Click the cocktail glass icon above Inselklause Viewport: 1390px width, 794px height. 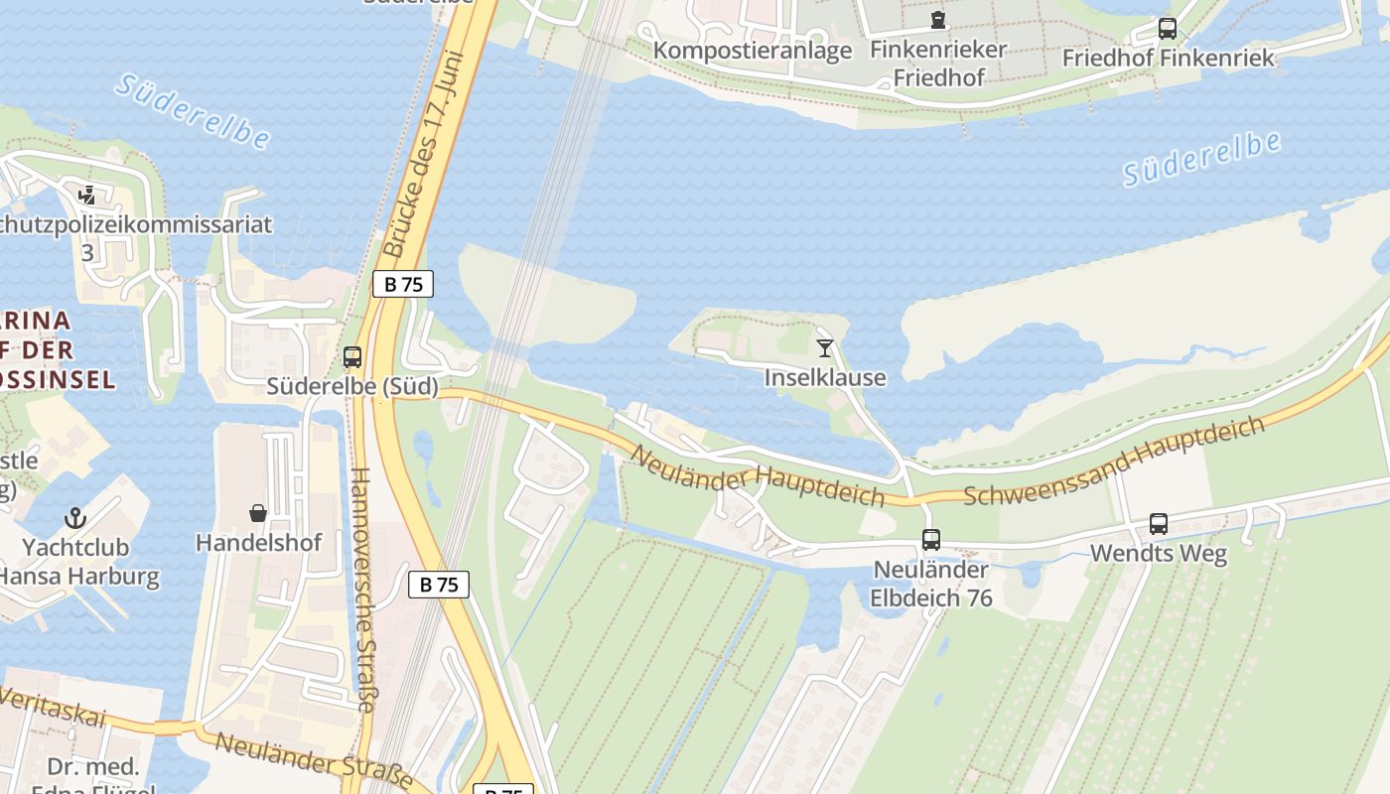(x=825, y=347)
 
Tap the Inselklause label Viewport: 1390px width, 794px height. (x=825, y=377)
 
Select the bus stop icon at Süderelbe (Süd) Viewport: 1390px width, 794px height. (x=352, y=357)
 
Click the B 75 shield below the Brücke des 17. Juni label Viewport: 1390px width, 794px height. (x=403, y=284)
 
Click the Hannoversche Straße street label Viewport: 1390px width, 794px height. (x=362, y=591)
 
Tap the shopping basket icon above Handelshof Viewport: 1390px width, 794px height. (x=258, y=513)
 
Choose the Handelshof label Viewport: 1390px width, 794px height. (x=258, y=543)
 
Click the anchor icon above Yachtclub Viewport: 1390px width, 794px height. (x=75, y=517)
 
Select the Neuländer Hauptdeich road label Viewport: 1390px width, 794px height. (x=758, y=476)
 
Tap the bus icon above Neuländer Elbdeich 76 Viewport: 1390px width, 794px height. (x=930, y=540)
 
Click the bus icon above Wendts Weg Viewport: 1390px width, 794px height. (x=1158, y=524)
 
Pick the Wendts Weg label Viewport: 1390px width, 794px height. (x=1159, y=553)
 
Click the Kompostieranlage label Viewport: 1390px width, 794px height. (x=753, y=50)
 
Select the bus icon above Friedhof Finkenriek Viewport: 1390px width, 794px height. (x=1168, y=29)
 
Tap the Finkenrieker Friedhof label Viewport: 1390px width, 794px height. (x=938, y=63)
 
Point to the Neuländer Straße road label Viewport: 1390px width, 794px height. (x=313, y=761)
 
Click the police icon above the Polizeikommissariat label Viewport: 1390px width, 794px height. (x=87, y=195)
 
